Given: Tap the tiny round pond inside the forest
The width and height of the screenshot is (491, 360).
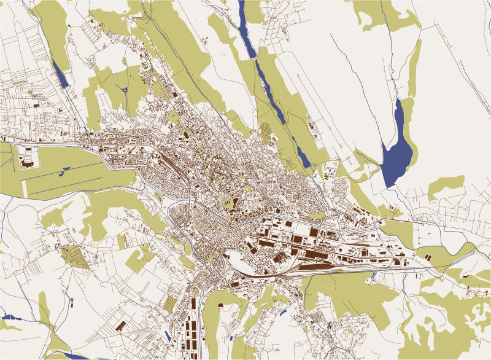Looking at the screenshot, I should pos(125,90).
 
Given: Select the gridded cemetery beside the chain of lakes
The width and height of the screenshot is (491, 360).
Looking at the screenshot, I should pos(265,131).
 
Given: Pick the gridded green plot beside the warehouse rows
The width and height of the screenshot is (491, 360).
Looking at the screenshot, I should pos(171,303).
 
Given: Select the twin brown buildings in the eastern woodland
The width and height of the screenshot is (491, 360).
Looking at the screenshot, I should pos(424,252).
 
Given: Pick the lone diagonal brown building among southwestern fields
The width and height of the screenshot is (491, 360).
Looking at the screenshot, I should pos(121,324).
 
